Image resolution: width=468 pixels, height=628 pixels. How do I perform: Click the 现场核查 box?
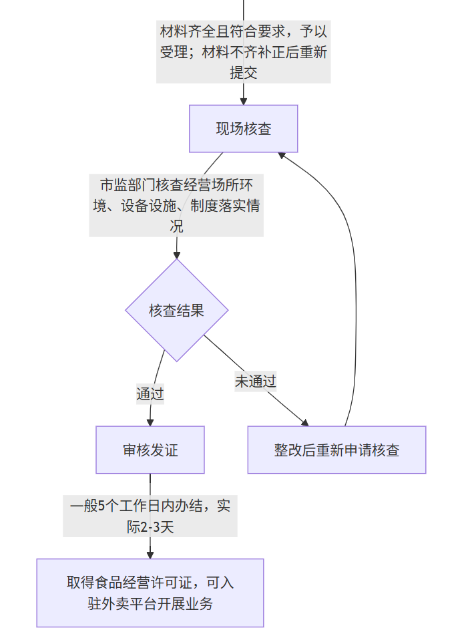click(243, 128)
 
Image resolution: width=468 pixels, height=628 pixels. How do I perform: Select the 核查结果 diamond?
click(177, 311)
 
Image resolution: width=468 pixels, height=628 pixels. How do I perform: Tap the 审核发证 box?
click(150, 450)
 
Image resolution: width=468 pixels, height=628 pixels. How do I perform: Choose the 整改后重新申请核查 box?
click(336, 450)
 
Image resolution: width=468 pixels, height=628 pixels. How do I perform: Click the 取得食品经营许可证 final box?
click(150, 593)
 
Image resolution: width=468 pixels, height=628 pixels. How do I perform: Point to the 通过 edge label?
click(150, 394)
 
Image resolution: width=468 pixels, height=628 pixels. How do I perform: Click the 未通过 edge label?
click(255, 381)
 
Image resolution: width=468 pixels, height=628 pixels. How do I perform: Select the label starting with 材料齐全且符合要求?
click(243, 51)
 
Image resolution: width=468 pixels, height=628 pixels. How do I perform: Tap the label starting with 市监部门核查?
click(176, 205)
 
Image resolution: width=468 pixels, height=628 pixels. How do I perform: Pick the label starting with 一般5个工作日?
click(150, 515)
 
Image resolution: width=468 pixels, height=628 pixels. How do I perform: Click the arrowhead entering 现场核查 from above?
click(244, 101)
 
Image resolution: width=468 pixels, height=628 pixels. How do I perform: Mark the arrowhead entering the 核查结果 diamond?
click(177, 255)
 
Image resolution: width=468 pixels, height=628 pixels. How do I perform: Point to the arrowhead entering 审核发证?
click(150, 422)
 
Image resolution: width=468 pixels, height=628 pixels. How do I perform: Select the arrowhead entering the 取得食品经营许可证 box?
click(150, 554)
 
